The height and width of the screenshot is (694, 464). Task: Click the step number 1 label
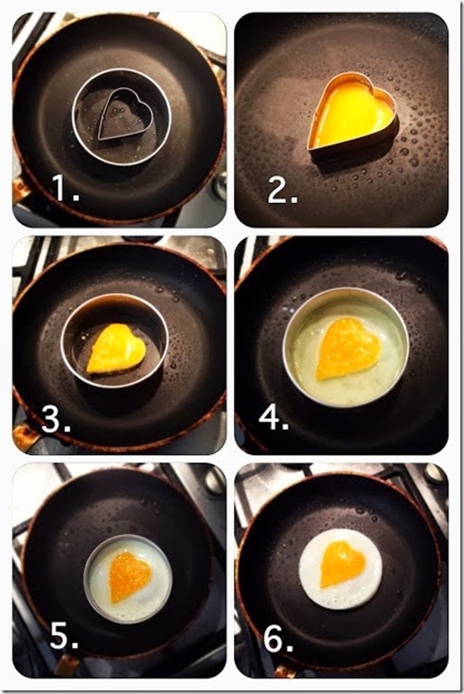click(66, 188)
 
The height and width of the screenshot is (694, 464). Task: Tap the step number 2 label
click(282, 191)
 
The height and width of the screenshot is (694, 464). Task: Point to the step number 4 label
click(274, 417)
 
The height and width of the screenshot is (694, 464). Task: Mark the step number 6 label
click(279, 637)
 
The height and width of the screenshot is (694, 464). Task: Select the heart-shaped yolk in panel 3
click(116, 348)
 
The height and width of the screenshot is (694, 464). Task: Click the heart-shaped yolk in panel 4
click(348, 348)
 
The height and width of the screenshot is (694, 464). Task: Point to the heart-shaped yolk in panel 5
click(129, 576)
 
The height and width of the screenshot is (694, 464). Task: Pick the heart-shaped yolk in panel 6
click(343, 564)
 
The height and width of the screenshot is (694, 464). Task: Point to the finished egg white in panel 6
click(341, 568)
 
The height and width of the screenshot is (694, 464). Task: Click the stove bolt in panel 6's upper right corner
click(433, 474)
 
